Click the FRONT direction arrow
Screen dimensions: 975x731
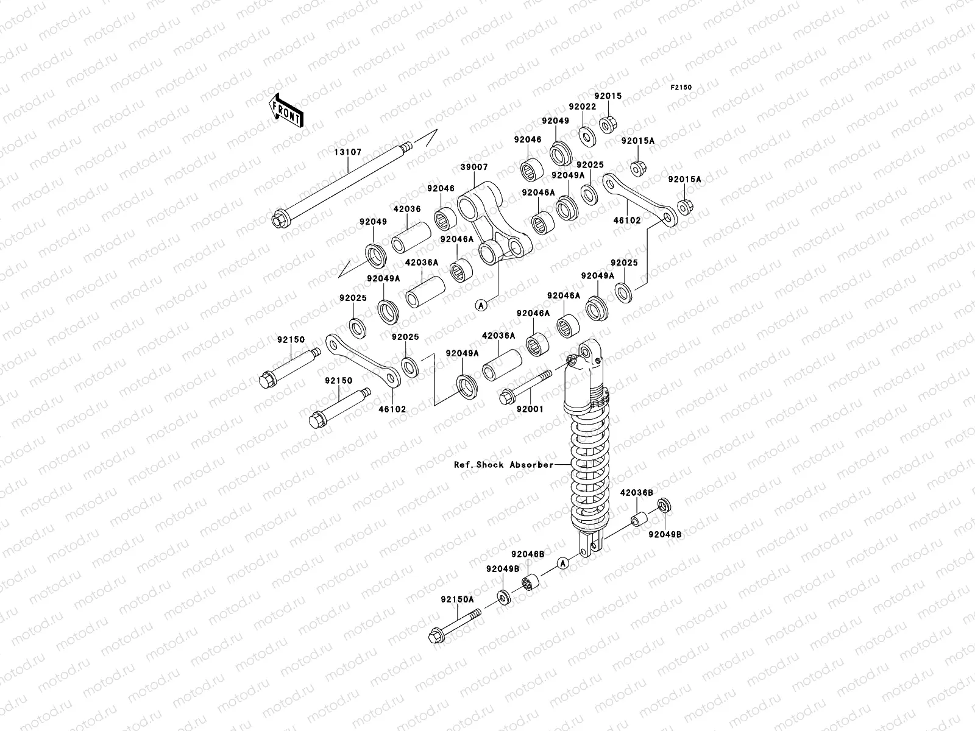(286, 111)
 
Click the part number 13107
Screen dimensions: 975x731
(348, 152)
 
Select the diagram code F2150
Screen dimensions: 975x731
(681, 88)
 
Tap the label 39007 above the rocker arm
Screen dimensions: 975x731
(474, 168)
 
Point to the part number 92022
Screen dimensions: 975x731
(583, 107)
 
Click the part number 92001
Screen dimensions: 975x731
(530, 409)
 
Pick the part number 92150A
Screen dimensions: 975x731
(458, 599)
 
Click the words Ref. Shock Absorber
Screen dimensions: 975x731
(504, 465)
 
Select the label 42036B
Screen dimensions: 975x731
(637, 493)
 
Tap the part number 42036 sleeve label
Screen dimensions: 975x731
(407, 209)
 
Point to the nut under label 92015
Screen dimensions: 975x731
(607, 125)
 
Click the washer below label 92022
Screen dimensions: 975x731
(587, 136)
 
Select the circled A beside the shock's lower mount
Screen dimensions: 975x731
(563, 563)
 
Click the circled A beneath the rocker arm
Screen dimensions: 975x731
(481, 305)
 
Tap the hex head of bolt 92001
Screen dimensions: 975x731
(506, 397)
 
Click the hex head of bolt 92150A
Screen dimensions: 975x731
(437, 637)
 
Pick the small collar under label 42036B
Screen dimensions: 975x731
(639, 519)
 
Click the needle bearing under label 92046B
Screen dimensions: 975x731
(530, 583)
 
